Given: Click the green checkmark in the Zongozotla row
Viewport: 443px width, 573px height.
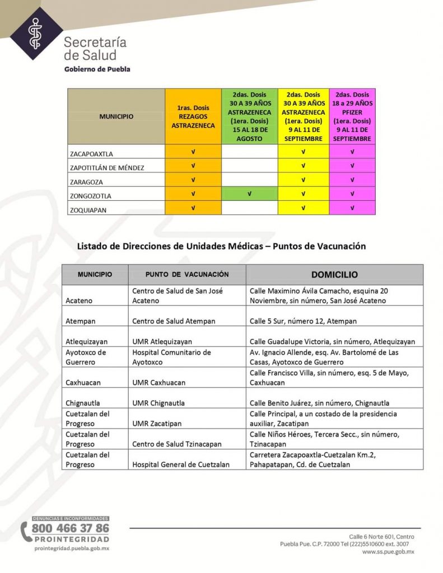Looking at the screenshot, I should [250, 194].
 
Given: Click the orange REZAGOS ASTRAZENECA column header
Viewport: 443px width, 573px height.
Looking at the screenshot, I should [193, 116].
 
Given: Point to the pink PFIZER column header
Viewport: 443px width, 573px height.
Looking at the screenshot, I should [352, 116].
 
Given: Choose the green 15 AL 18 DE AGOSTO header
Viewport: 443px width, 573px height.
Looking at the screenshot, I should [250, 116].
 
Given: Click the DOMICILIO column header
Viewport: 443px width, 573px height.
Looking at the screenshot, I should [334, 275].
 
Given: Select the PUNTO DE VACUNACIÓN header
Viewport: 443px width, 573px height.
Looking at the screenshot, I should [187, 275].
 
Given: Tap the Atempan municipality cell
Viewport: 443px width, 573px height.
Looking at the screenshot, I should [79, 321].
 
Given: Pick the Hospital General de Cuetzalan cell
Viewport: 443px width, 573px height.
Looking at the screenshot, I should [181, 464].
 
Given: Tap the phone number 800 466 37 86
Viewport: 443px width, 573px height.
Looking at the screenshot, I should [71, 528].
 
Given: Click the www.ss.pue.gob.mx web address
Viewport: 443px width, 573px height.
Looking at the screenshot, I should [388, 552].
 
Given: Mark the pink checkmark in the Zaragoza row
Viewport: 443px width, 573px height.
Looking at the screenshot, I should [352, 180].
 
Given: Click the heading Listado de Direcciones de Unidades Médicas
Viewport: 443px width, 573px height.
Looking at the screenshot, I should [221, 246].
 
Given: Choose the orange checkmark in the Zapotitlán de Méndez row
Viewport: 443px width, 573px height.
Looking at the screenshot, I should [193, 166].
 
